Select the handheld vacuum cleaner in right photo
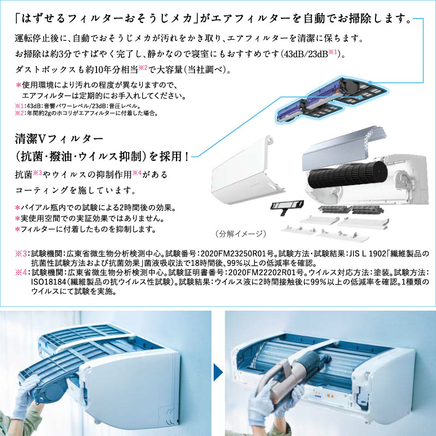tap(294, 376)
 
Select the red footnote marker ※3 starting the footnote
tap(21, 253)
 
